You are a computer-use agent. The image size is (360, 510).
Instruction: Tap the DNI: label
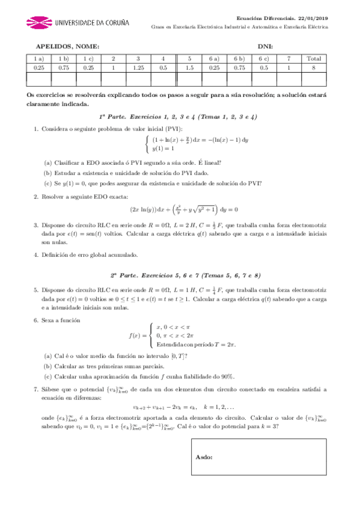(265, 46)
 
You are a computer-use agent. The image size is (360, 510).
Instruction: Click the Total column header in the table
(313, 59)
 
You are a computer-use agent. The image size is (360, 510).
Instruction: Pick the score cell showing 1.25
(138, 69)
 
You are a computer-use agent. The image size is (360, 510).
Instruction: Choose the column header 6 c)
(263, 59)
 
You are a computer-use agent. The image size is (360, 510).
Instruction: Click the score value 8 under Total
(313, 69)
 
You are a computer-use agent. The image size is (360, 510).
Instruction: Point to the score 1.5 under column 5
(189, 69)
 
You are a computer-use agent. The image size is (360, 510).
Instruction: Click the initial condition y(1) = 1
(163, 148)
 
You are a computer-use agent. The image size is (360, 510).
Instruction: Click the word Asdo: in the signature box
(204, 456)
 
